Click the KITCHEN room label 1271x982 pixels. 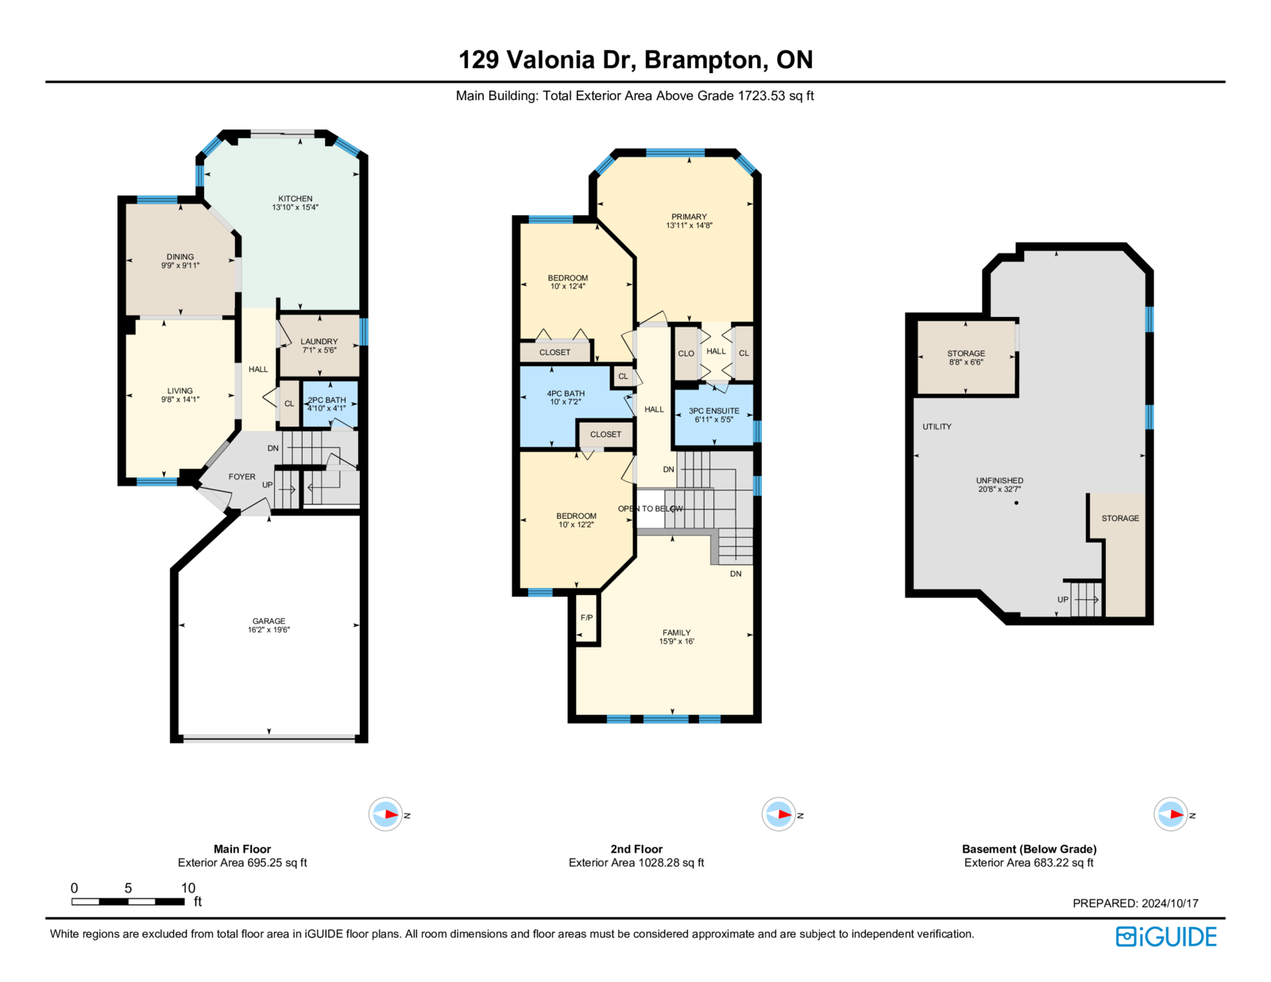pos(295,199)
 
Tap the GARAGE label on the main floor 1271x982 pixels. pos(269,621)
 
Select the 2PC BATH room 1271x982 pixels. pos(330,404)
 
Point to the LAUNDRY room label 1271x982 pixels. pos(319,342)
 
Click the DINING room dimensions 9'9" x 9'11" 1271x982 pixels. pos(180,265)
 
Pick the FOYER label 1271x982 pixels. pos(242,477)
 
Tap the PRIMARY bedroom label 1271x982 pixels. pos(689,217)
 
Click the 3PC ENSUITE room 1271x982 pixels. pos(713,416)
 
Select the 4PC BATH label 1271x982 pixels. pos(566,393)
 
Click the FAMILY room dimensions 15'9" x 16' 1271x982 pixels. pos(677,641)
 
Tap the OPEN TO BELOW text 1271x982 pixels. pos(651,508)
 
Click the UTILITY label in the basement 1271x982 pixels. pos(937,427)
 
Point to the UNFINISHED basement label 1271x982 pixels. pos(999,481)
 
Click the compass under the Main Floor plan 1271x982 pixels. pos(385,814)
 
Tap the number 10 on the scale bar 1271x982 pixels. pos(187,887)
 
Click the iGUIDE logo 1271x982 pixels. pos(1165,937)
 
